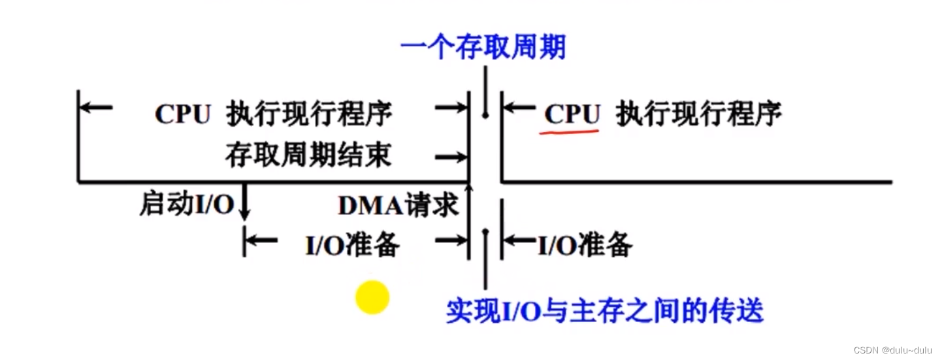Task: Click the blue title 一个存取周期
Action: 483,47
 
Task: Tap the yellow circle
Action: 372,298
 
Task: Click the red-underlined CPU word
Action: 572,114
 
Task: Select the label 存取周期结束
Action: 308,155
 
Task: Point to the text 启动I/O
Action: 186,205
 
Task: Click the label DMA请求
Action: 397,206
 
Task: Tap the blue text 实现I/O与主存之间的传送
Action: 605,310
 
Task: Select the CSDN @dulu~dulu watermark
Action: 895,350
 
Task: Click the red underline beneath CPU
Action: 569,131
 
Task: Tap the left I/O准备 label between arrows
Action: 352,245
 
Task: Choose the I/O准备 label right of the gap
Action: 585,245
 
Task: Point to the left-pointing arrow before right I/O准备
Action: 518,240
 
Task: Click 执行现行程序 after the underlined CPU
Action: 699,114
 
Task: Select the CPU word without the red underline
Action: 183,114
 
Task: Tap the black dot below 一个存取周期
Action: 485,116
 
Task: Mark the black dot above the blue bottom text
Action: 485,231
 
